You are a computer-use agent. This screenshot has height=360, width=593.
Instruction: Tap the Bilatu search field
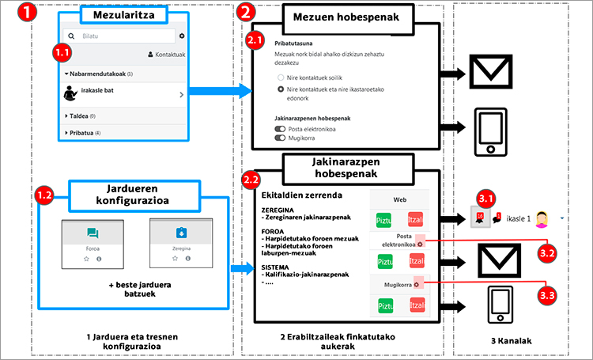point(119,36)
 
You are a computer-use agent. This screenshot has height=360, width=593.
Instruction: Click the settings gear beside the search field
point(182,36)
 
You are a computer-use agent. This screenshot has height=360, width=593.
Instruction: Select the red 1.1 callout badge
point(61,53)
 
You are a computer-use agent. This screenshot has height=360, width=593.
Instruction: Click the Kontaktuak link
point(167,55)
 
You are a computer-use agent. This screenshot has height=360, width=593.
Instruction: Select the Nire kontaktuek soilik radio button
point(281,78)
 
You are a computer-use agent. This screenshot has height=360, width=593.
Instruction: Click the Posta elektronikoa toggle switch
point(280,127)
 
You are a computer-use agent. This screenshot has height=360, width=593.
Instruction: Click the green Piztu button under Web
point(385,218)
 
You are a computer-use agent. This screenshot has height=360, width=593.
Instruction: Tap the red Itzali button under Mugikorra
point(417,304)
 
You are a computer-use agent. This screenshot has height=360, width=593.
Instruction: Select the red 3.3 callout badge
point(547,295)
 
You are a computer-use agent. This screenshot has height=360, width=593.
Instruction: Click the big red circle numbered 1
point(17,13)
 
